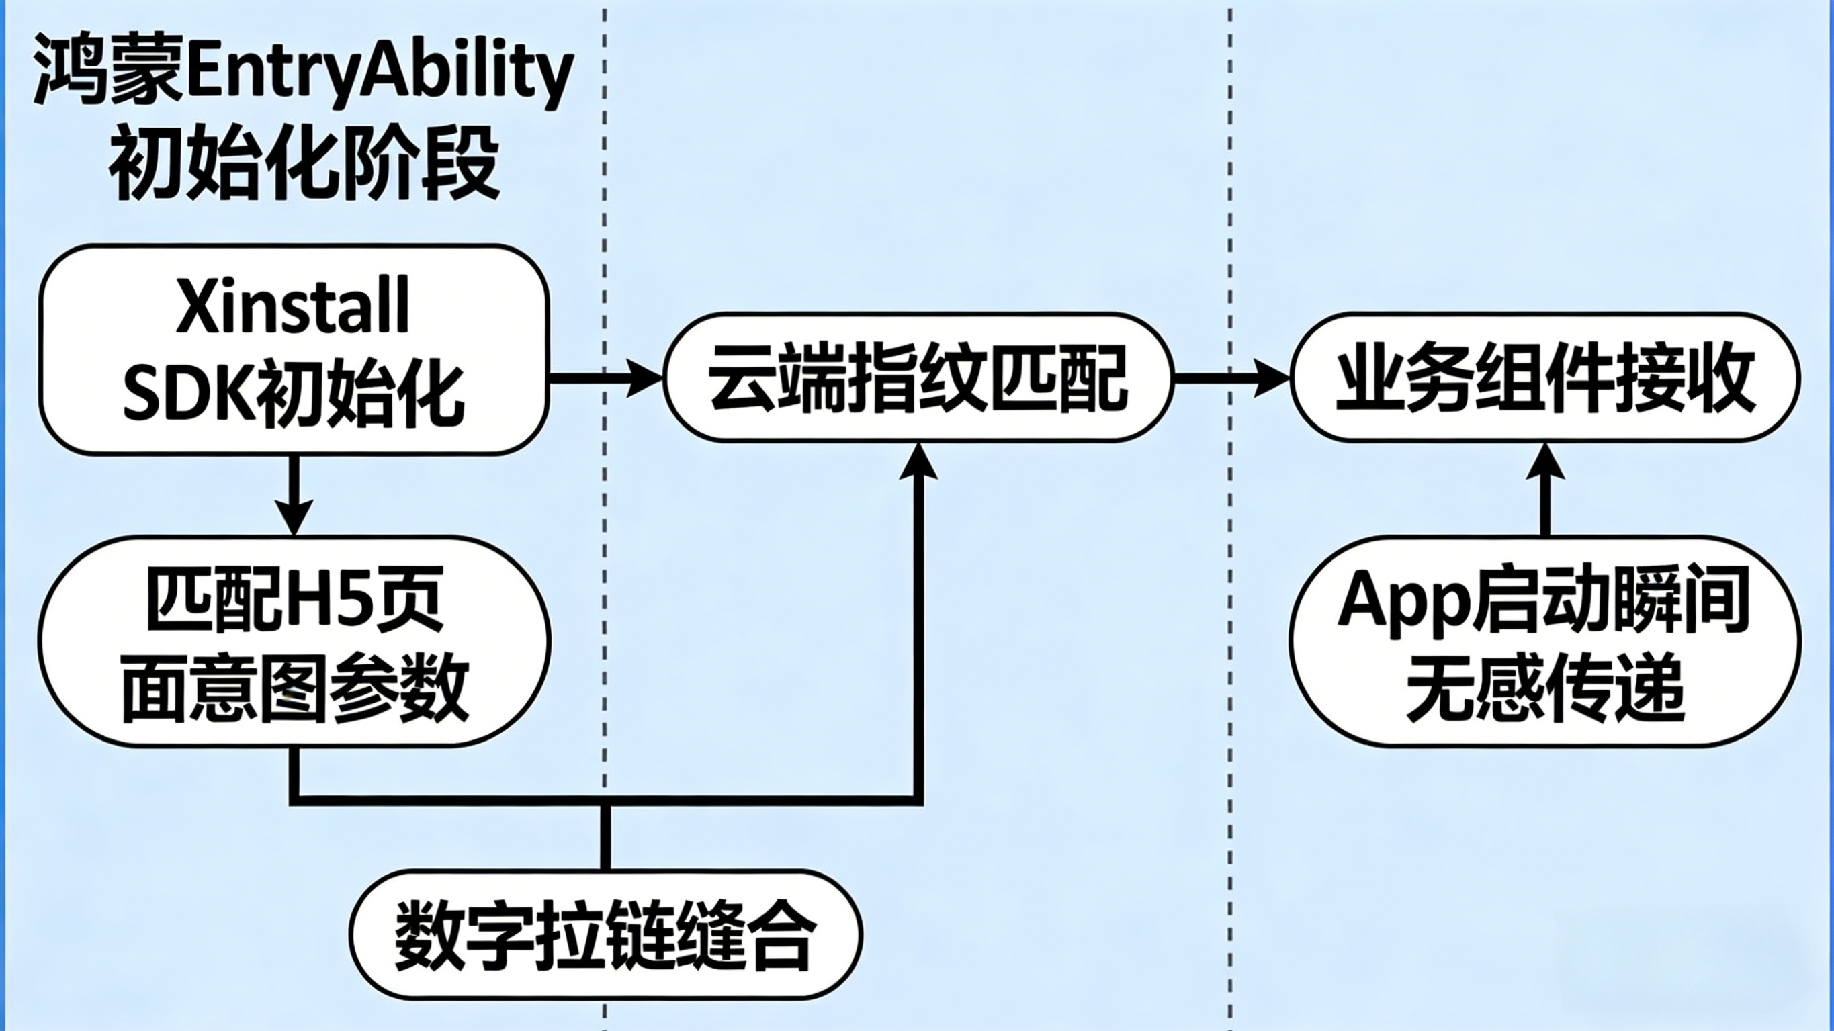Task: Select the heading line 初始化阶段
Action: [x=303, y=163]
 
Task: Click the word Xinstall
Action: [x=293, y=306]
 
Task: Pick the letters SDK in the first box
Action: [x=188, y=394]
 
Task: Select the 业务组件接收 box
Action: [x=1545, y=377]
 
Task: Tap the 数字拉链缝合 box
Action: [x=605, y=934]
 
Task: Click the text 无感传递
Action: [x=1545, y=687]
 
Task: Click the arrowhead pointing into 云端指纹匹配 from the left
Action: [x=645, y=377]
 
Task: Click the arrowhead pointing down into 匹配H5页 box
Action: [x=294, y=517]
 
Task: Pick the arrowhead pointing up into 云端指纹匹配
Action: [x=918, y=461]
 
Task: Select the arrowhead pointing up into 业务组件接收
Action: [x=1545, y=461]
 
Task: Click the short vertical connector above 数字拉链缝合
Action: [x=605, y=837]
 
